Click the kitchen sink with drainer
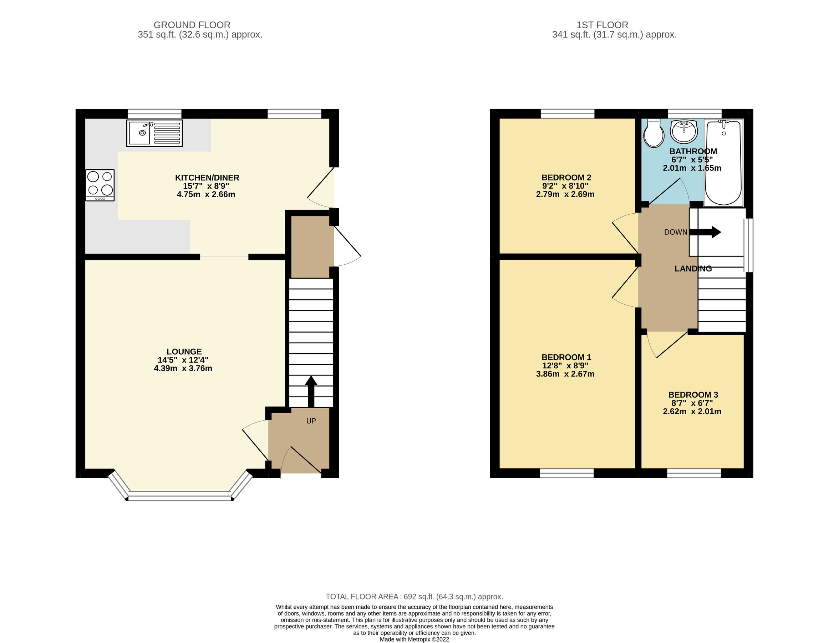[154, 133]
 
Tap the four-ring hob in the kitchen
[100, 185]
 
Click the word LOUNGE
[184, 352]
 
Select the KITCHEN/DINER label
[207, 178]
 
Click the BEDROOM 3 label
[693, 395]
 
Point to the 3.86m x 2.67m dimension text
[565, 374]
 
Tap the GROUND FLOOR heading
[192, 25]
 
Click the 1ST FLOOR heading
[602, 25]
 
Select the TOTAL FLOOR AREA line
[414, 597]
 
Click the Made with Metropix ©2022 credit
[414, 639]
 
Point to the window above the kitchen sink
[154, 114]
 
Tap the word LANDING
[693, 269]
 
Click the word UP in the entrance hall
[311, 421]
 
